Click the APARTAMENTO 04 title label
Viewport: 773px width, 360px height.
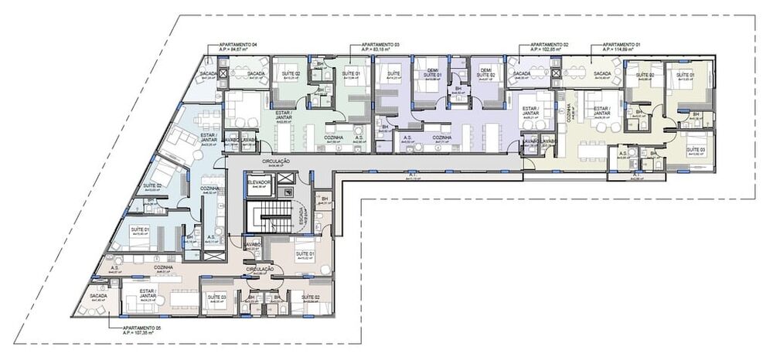pyautogui.click(x=238, y=45)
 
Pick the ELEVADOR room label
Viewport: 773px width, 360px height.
pyautogui.click(x=259, y=182)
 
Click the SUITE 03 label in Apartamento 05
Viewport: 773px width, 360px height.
pyautogui.click(x=216, y=297)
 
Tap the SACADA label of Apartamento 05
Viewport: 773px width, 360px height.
pyautogui.click(x=98, y=297)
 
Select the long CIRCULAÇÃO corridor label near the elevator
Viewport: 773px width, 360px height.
pyautogui.click(x=275, y=161)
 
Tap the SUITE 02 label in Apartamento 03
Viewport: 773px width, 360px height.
pyautogui.click(x=291, y=74)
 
